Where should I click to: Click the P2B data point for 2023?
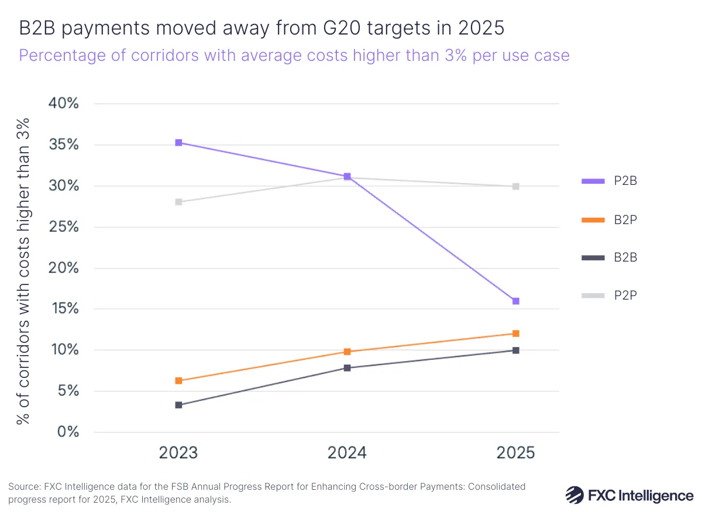178,143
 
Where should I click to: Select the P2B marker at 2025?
515,301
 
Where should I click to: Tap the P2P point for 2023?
178,202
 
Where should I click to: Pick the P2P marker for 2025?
515,187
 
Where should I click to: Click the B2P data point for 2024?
347,352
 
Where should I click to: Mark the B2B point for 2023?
178,405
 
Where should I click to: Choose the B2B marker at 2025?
515,351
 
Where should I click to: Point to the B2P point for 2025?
515,334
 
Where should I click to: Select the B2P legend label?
625,219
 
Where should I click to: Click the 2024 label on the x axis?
347,453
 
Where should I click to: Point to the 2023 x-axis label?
178,453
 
